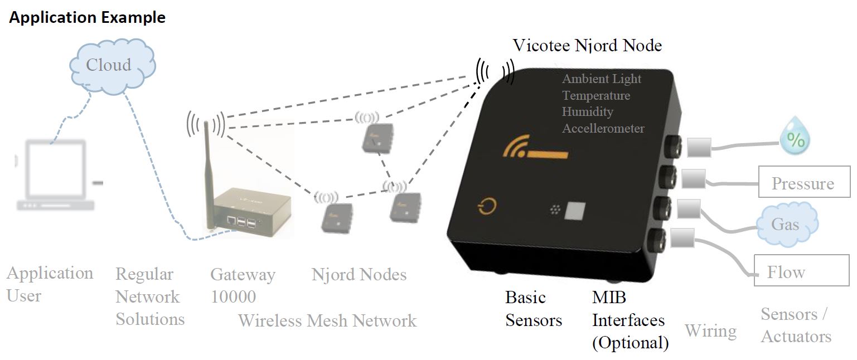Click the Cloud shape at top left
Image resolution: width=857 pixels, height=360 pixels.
(109, 65)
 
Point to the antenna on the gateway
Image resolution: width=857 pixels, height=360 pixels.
(207, 167)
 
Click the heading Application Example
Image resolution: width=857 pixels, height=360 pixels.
(88, 18)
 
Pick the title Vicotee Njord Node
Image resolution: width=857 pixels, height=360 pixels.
(587, 45)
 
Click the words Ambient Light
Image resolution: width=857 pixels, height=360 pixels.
(602, 79)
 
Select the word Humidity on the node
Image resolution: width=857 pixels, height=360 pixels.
(587, 112)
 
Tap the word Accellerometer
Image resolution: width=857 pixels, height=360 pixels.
(603, 129)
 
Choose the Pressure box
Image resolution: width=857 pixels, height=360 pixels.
(803, 183)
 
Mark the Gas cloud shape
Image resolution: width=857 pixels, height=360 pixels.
(786, 225)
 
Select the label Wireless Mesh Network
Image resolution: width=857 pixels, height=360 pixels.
(327, 321)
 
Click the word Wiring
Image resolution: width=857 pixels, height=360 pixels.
(710, 331)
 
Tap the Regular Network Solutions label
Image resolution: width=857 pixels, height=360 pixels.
(149, 296)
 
